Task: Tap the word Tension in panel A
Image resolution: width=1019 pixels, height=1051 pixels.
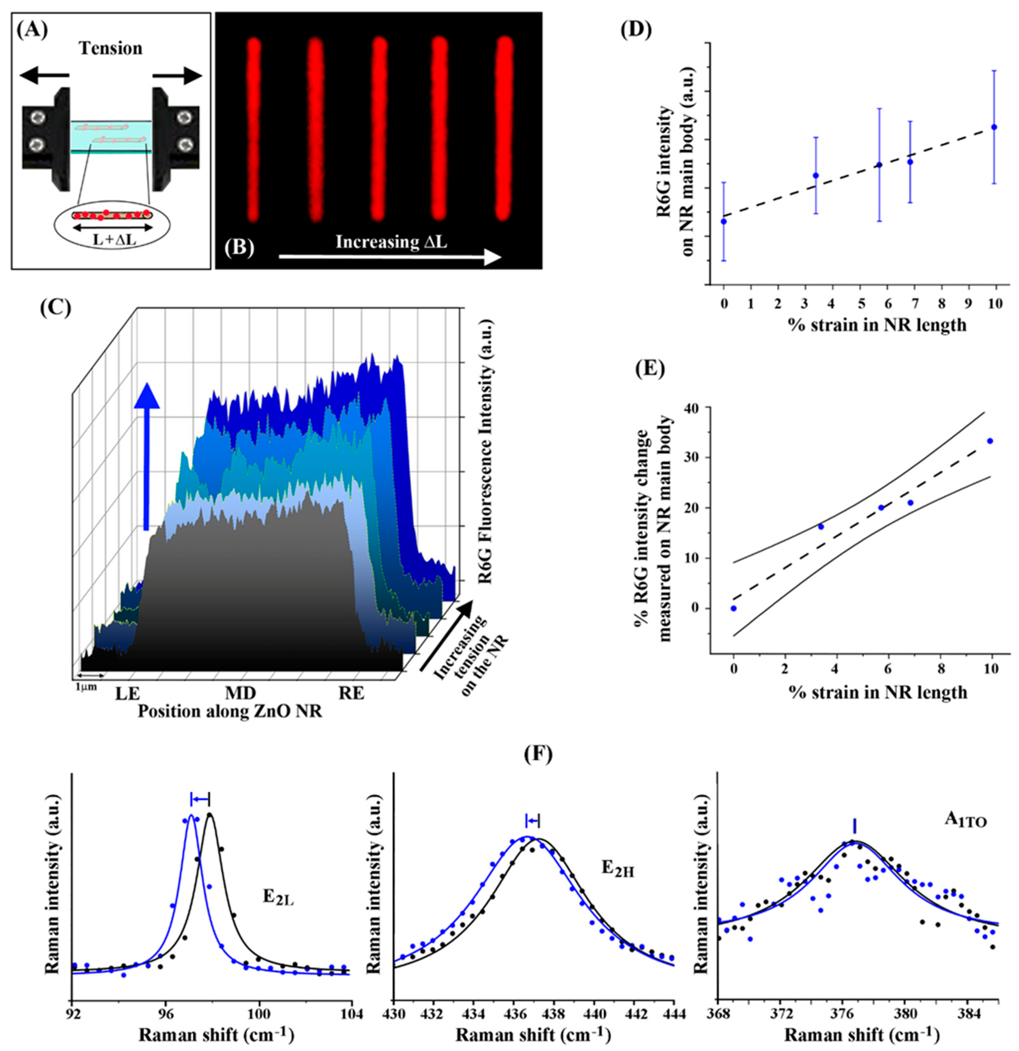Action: click(111, 48)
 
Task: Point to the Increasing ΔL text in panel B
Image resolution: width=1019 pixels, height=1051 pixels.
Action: click(391, 242)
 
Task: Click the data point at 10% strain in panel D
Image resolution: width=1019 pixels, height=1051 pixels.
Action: click(994, 127)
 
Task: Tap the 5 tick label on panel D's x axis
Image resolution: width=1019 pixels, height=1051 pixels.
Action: click(859, 303)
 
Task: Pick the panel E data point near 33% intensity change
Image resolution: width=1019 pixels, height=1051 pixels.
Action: click(990, 441)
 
